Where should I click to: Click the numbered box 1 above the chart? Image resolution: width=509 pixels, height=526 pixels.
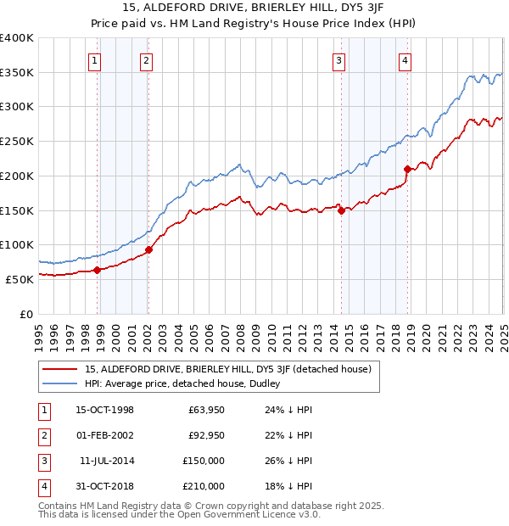coord(93,60)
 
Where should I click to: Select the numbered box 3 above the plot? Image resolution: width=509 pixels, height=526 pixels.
coord(338,60)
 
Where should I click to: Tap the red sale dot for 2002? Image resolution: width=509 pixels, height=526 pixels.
coord(148,249)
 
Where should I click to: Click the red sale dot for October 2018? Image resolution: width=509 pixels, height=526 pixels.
coord(408,169)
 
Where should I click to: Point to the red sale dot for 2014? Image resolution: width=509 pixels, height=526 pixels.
coord(341,210)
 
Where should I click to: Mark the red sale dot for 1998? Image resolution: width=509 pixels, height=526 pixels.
coord(98,270)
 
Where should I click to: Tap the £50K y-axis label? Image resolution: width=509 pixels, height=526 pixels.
coord(20,279)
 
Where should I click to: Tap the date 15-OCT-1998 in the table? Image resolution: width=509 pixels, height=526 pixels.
coord(105,410)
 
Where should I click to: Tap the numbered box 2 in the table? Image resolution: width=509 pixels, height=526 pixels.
coord(42,435)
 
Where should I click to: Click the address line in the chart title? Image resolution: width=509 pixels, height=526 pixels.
coord(254,11)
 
